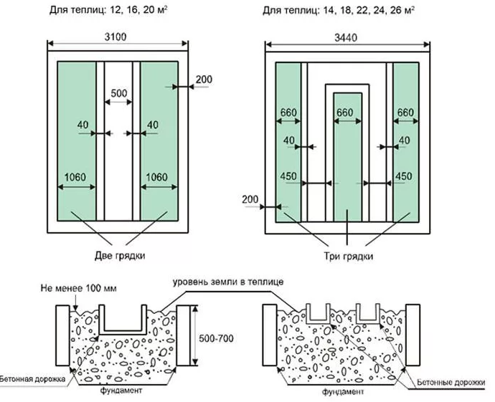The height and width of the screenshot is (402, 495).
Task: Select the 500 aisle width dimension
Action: coord(118,94)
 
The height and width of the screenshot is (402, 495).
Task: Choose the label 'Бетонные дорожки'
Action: coord(453,383)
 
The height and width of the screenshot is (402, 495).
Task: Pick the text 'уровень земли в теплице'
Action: coord(227,282)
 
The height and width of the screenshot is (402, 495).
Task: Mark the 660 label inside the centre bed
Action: coord(346,113)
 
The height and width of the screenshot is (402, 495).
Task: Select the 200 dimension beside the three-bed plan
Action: coord(250,198)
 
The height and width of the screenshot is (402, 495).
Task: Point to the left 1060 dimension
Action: coord(77,178)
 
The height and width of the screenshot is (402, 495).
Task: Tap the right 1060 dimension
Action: coord(159,178)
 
